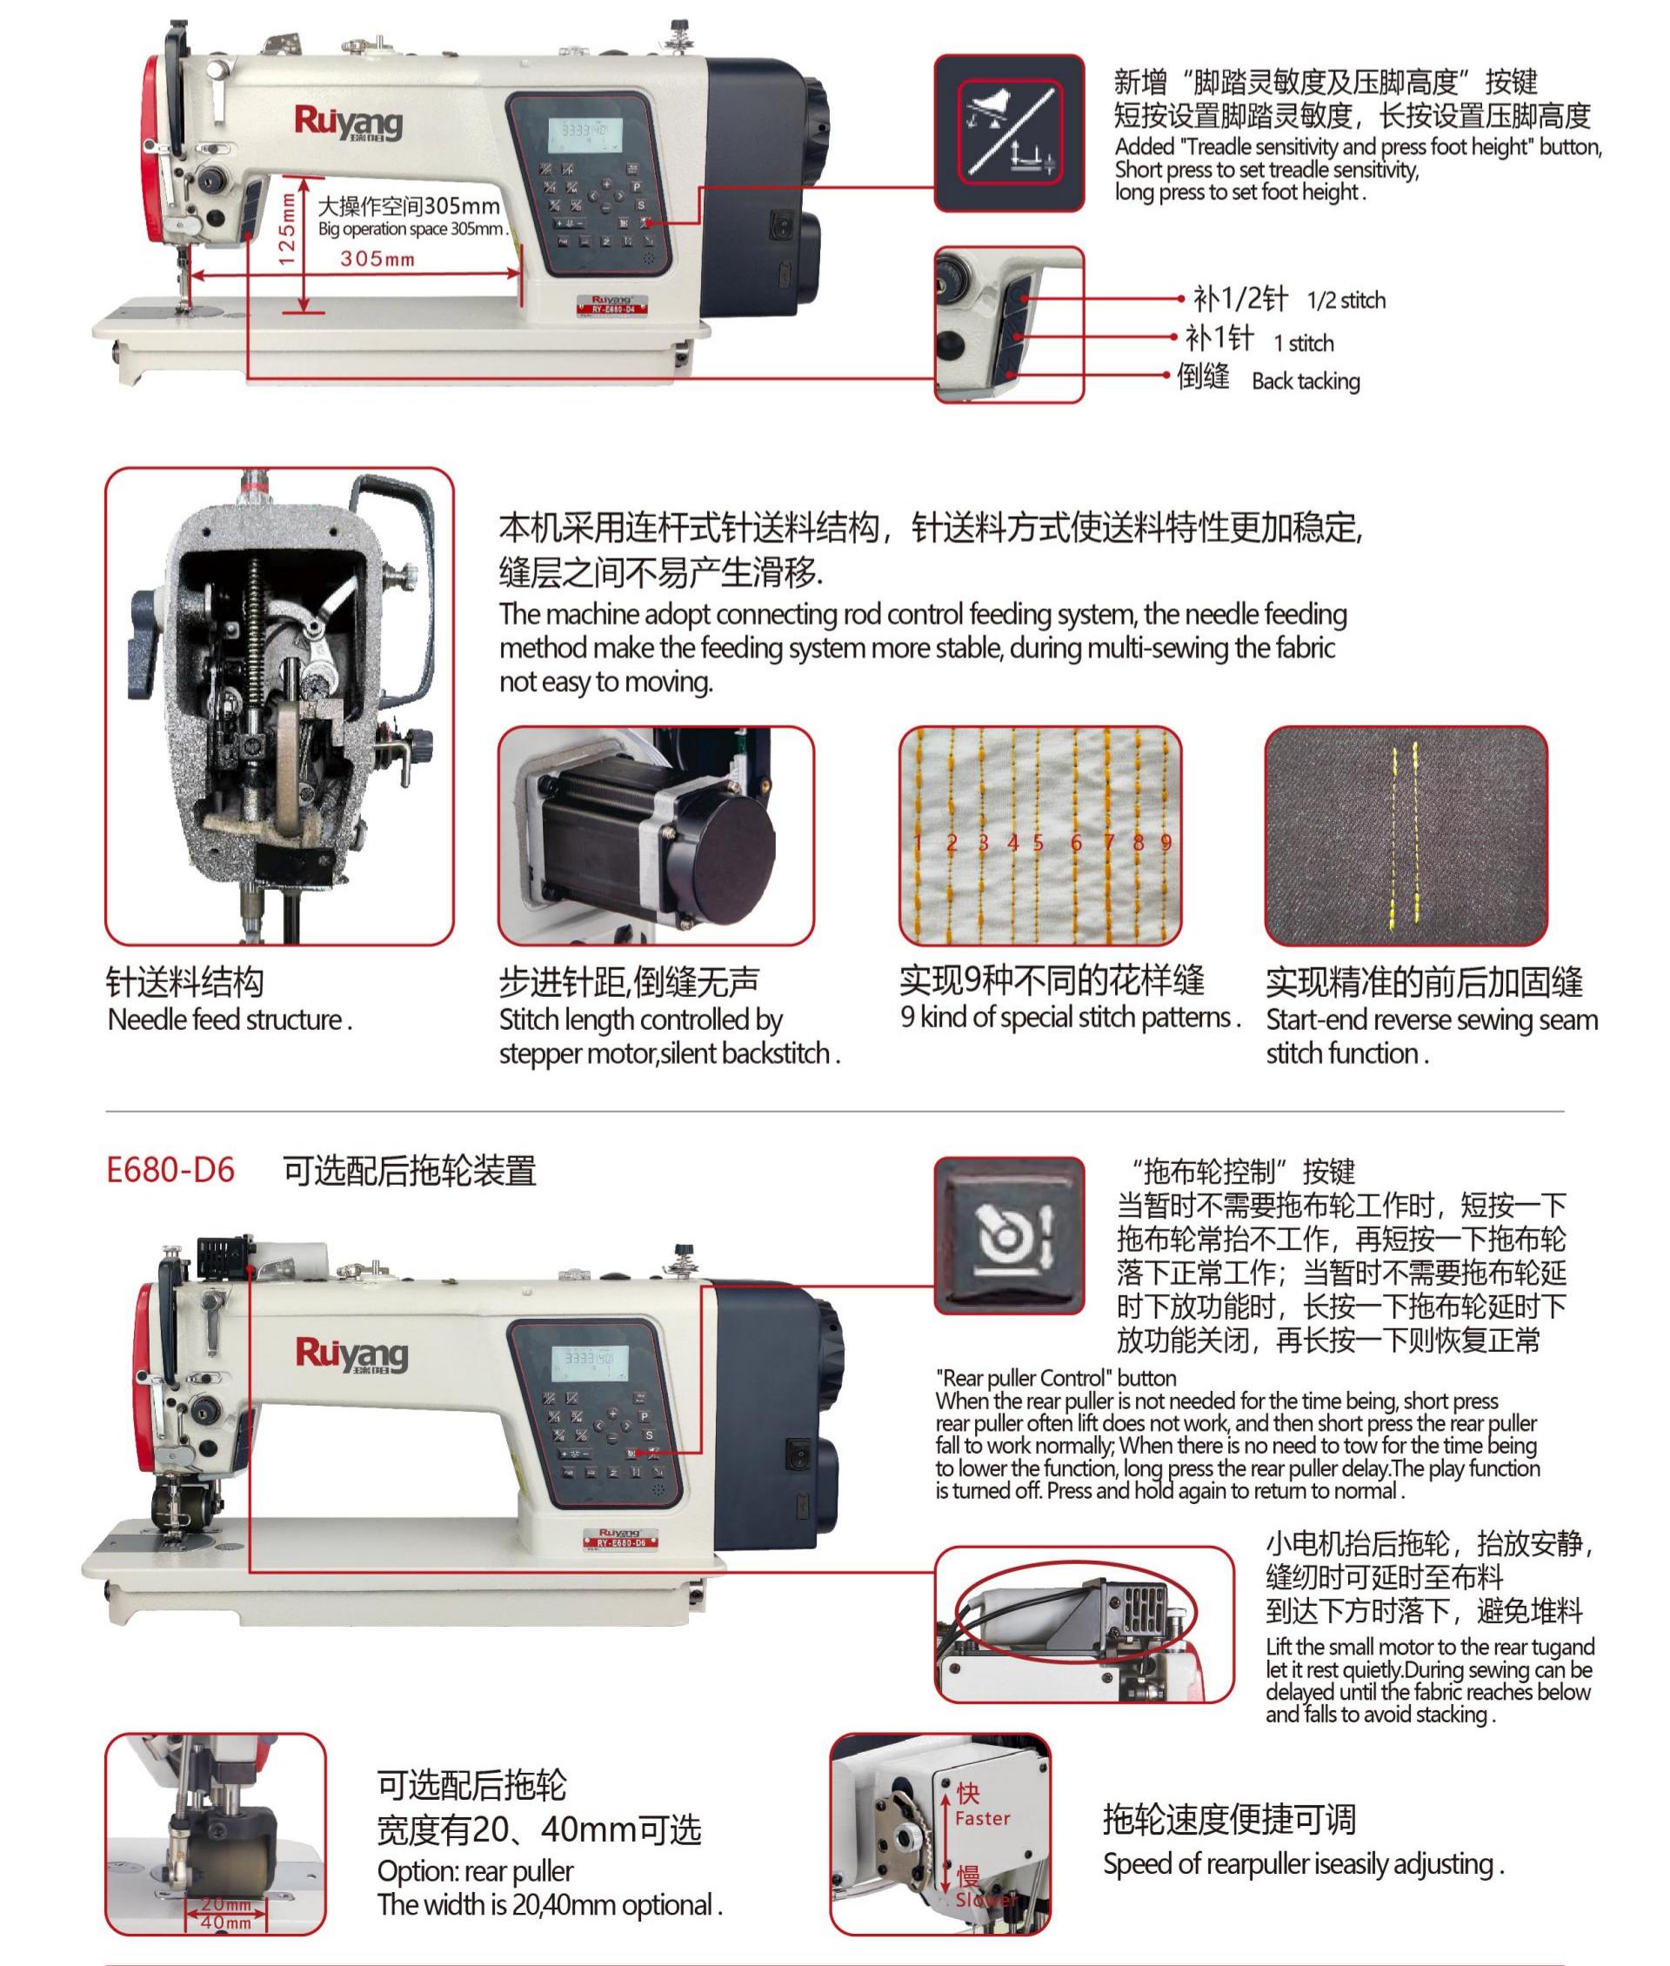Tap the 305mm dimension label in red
click(377, 258)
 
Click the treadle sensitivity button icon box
click(1008, 132)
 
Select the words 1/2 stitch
click(1346, 301)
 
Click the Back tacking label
click(1305, 382)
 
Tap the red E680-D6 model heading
click(170, 1171)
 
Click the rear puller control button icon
click(1008, 1235)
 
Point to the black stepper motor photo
click(655, 836)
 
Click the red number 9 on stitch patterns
click(1166, 842)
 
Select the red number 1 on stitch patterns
click(917, 842)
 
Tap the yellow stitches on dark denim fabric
click(1405, 833)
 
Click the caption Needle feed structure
click(229, 1020)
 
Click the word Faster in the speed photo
click(983, 1818)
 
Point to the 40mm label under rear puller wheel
click(226, 1923)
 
